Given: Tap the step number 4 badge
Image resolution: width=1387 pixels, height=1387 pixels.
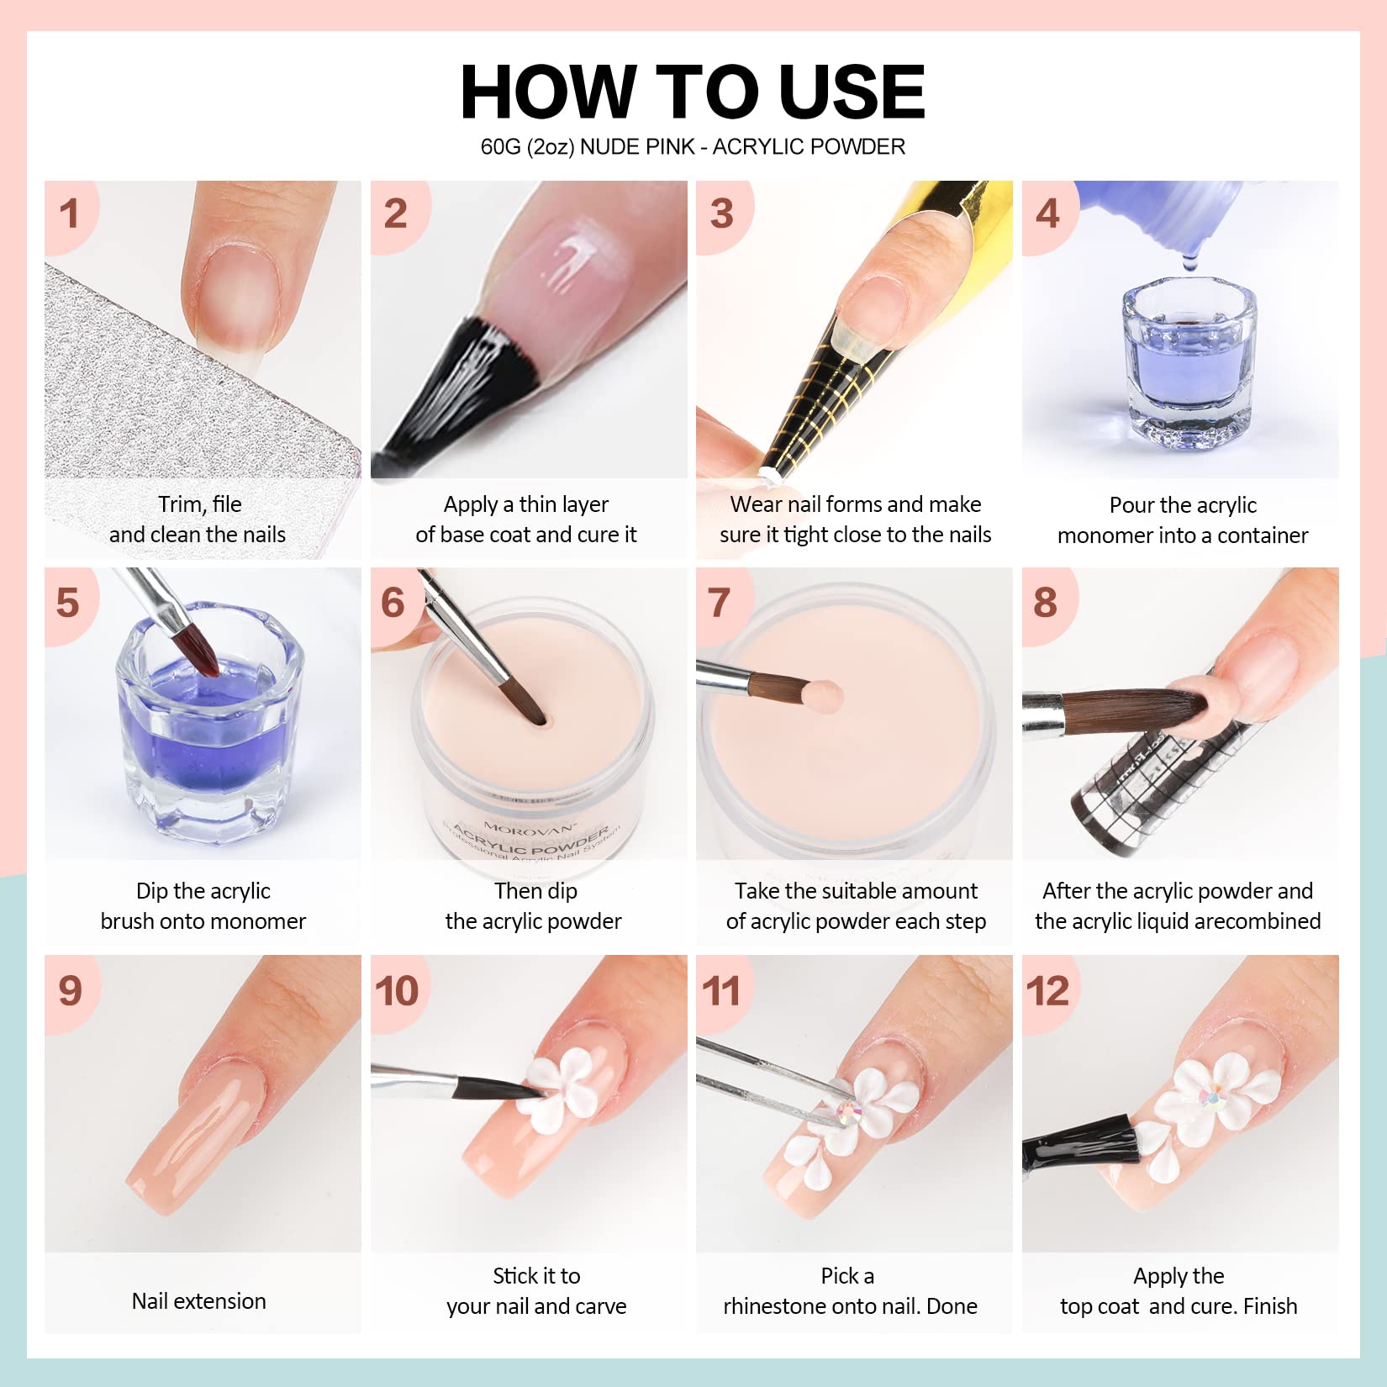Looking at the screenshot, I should (1047, 214).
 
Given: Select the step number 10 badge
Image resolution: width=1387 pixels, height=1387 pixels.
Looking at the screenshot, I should (397, 991).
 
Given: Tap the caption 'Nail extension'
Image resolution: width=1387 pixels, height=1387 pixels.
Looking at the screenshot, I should (199, 1301).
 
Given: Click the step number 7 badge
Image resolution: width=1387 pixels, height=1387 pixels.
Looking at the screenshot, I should (720, 603).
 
